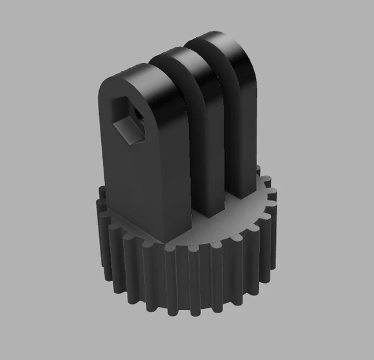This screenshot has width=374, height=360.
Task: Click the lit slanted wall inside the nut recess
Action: [x=129, y=133]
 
